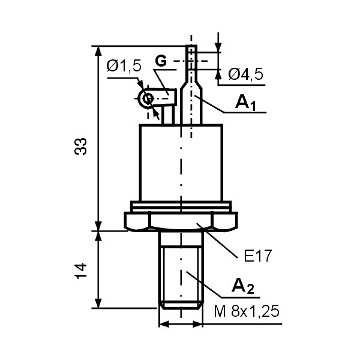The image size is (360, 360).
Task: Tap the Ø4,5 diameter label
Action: (245, 74)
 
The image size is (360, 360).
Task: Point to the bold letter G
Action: (161, 61)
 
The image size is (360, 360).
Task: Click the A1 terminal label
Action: (245, 103)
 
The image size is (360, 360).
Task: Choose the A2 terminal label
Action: (243, 287)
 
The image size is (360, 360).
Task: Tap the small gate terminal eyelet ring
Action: (145, 98)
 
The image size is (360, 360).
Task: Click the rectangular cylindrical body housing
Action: (181, 162)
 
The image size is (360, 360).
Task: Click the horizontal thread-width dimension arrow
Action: (181, 325)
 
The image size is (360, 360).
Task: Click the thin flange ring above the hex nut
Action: (181, 206)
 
